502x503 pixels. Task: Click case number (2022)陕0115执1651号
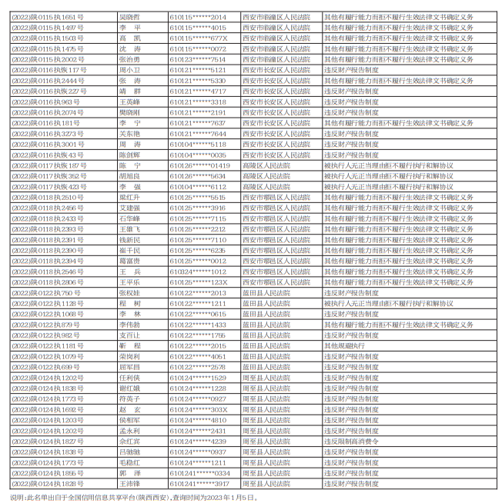pyautogui.click(x=49, y=15)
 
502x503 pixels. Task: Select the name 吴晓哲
pyautogui.click(x=129, y=15)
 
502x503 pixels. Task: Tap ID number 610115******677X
pyautogui.click(x=198, y=37)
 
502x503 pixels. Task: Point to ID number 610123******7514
pyautogui.click(x=198, y=58)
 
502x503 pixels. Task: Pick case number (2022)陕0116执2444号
pyautogui.click(x=49, y=80)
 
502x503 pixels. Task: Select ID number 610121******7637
pyautogui.click(x=198, y=122)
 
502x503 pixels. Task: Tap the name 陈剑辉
pyautogui.click(x=129, y=155)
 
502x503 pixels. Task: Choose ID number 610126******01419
pyautogui.click(x=200, y=165)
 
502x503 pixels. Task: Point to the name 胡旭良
pyautogui.click(x=129, y=176)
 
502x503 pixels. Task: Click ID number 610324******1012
pyautogui.click(x=198, y=271)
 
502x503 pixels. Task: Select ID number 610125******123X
pyautogui.click(x=198, y=282)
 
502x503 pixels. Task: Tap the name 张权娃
pyautogui.click(x=129, y=293)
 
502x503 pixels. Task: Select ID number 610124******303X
pyautogui.click(x=198, y=410)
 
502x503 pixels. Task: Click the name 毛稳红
pyautogui.click(x=129, y=463)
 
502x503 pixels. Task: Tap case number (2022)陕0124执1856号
pyautogui.click(x=47, y=474)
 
